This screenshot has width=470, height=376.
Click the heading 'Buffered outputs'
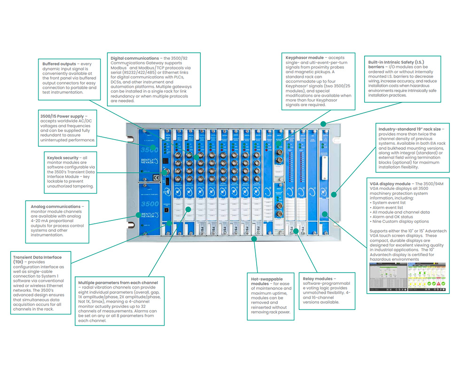pyautogui.click(x=59, y=63)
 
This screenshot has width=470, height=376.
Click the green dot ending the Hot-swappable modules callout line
pyautogui.click(x=254, y=239)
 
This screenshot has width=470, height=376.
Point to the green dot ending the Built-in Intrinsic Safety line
pyautogui.click(x=324, y=123)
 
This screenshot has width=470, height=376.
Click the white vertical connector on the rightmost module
pyautogui.click(x=324, y=167)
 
